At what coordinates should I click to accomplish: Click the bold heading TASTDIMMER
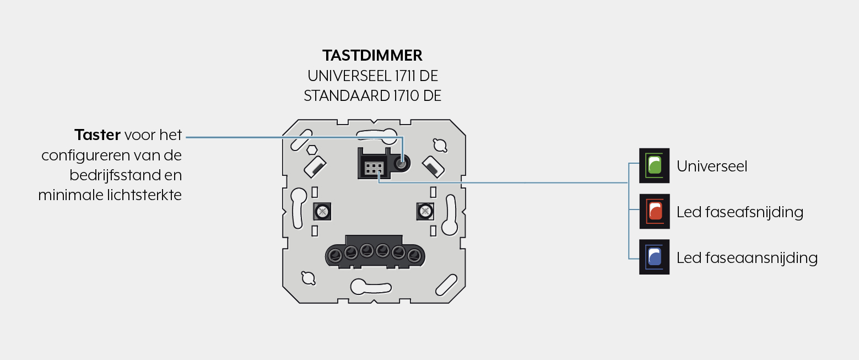point(372,56)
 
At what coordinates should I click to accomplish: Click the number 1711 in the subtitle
point(406,76)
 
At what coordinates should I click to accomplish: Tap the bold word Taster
point(98,135)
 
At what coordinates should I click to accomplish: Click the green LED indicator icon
point(654,165)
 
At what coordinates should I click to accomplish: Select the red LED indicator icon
point(654,211)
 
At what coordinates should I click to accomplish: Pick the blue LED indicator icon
point(654,257)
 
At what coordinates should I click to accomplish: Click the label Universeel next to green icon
point(712,166)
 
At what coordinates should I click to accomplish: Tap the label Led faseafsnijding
point(740,212)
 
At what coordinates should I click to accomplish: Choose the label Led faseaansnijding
point(747,258)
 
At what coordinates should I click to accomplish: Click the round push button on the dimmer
point(402,164)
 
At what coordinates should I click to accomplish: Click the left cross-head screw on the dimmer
point(322,211)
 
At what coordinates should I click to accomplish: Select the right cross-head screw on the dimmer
point(425,211)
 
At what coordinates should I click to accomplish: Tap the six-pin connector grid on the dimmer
point(374,168)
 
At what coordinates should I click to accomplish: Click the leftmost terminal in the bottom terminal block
point(335,255)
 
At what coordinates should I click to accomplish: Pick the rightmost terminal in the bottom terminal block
point(414,255)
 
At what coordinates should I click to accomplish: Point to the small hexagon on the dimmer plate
point(312,149)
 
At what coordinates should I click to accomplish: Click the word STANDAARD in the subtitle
point(346,96)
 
